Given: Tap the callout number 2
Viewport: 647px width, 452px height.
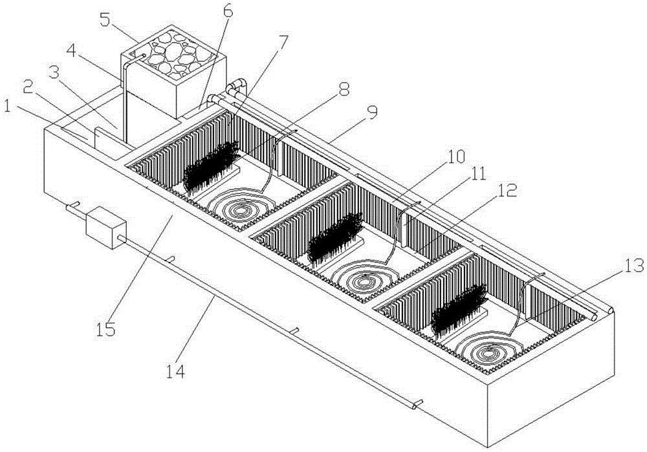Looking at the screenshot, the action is coord(29,87).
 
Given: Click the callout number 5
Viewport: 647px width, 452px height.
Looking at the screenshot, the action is coord(106,19).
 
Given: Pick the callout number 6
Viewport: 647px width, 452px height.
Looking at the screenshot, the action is coord(228,12).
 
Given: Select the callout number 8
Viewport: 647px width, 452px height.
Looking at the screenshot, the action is coord(344,88).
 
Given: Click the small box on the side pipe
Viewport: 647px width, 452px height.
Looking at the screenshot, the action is coord(105,227).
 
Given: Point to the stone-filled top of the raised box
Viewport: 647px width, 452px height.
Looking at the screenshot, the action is coord(173,56).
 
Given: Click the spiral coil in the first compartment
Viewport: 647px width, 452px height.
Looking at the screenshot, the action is coord(241,205).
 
